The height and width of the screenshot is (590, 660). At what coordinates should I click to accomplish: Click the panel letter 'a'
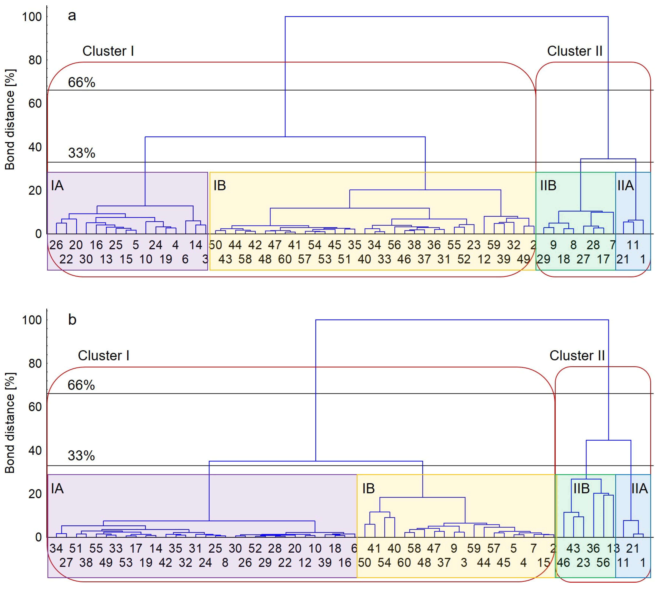point(72,16)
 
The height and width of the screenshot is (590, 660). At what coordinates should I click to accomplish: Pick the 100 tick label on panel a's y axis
point(32,17)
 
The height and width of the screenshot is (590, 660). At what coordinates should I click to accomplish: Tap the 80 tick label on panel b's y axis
point(35,363)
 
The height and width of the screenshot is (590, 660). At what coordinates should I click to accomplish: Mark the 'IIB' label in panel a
point(548,185)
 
